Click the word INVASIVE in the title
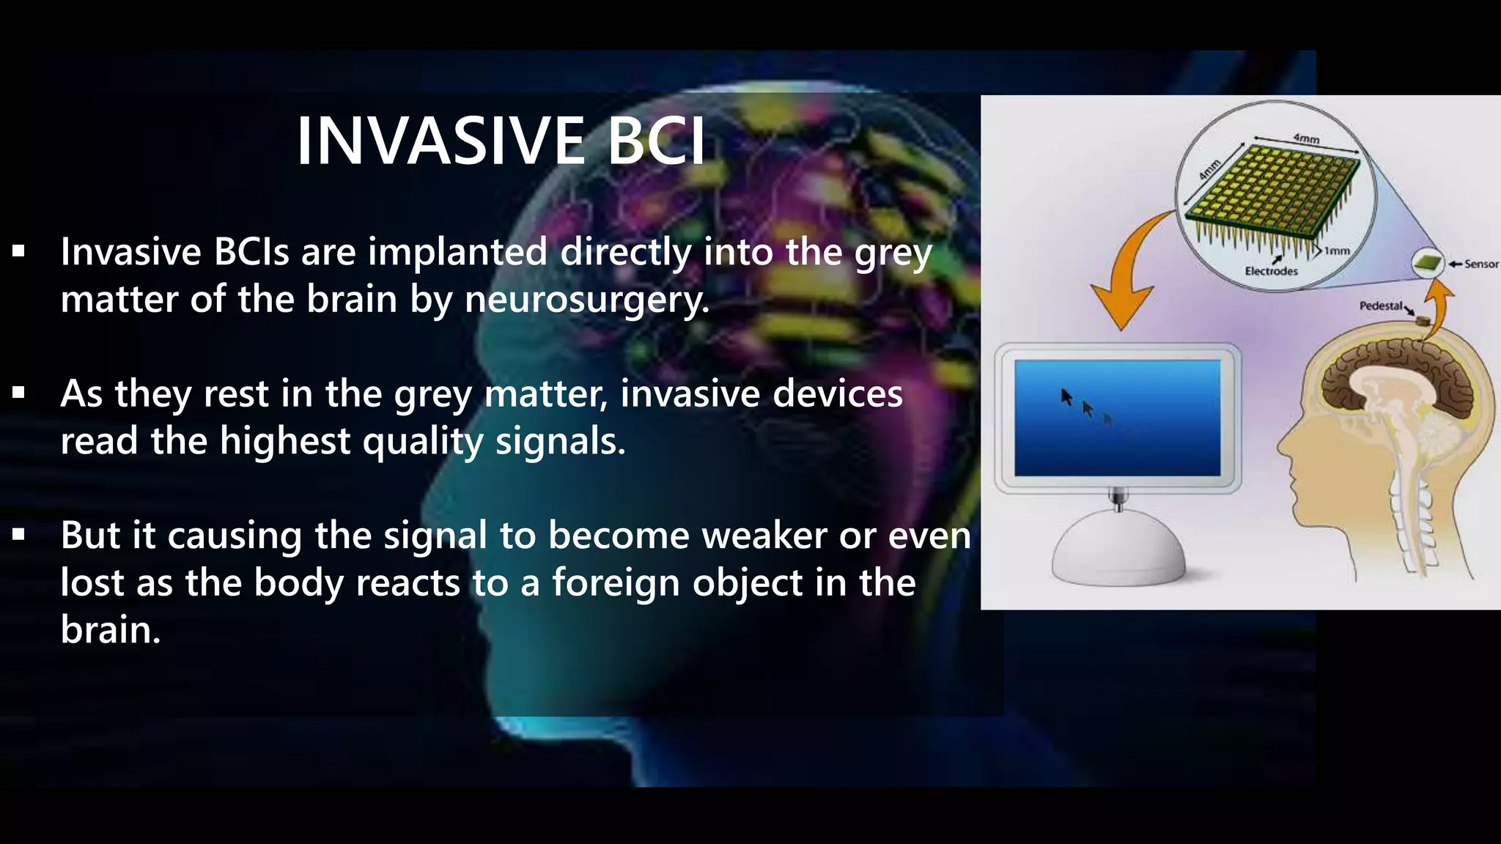pyautogui.click(x=440, y=141)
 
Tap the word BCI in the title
pyautogui.click(x=657, y=141)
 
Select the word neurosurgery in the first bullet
pyautogui.click(x=586, y=300)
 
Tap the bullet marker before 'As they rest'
pyautogui.click(x=18, y=394)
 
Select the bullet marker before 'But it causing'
pyautogui.click(x=18, y=536)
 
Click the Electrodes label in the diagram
pyautogui.click(x=1271, y=271)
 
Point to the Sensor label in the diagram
pyautogui.click(x=1480, y=264)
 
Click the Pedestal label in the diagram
pyautogui.click(x=1381, y=306)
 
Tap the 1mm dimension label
pyautogui.click(x=1337, y=251)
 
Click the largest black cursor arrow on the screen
pyautogui.click(x=1067, y=397)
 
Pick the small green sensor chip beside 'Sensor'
pyautogui.click(x=1427, y=262)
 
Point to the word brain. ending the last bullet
pyautogui.click(x=110, y=630)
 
